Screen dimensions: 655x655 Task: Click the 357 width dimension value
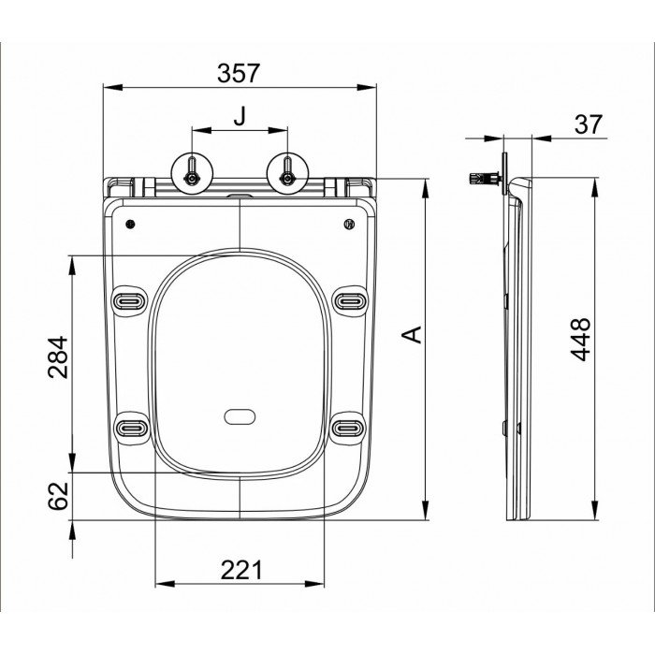point(240,71)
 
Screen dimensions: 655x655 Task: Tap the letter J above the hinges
point(240,116)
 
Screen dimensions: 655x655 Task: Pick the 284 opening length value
point(58,357)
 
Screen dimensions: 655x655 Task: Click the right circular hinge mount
point(287,172)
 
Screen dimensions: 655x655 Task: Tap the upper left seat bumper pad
point(129,300)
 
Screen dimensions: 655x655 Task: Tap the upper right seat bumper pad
point(349,300)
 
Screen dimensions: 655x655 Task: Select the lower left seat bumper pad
point(129,427)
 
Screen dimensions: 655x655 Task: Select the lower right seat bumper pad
point(349,427)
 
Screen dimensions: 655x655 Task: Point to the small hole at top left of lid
point(131,224)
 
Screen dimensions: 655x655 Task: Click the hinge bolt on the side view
point(483,176)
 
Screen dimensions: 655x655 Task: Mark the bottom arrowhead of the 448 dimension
point(595,513)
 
